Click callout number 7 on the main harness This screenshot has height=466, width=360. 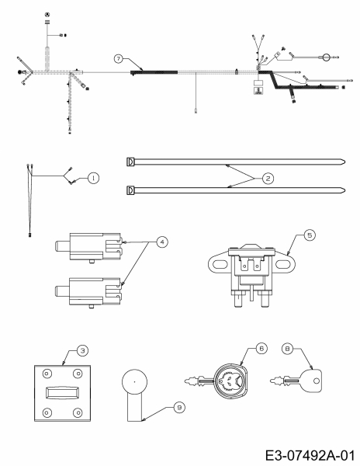point(118,59)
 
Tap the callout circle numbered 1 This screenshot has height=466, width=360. point(92,178)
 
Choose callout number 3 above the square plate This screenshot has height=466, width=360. point(80,351)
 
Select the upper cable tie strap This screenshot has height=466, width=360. point(233,162)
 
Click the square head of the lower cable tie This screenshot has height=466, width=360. point(130,190)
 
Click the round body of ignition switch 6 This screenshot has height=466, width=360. point(230,379)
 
